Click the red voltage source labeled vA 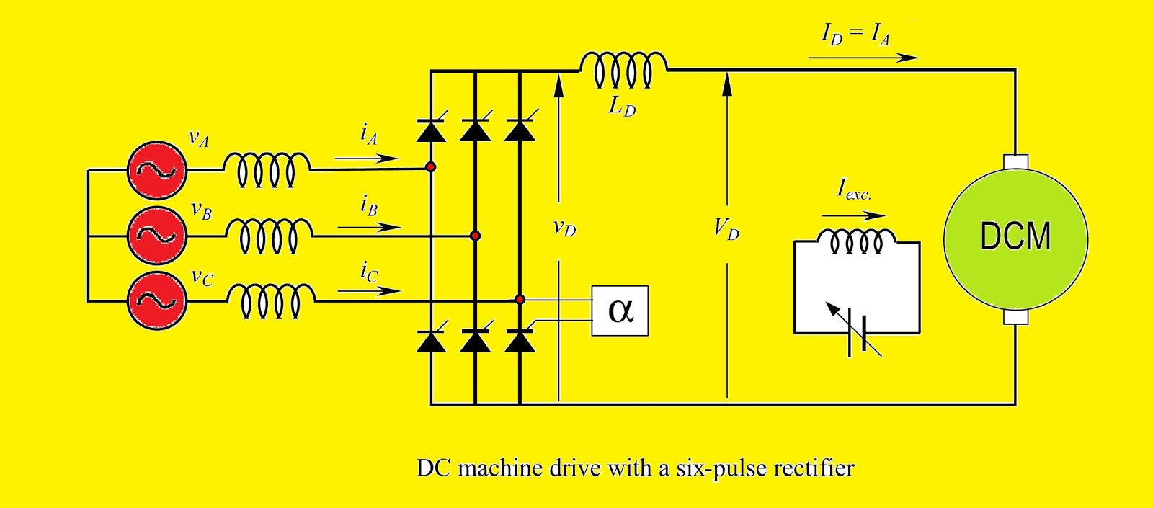coord(157,170)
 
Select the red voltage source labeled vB coord(157,235)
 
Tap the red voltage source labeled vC coord(157,300)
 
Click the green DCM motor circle coord(1015,237)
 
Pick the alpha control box coord(620,311)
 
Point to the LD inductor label coord(623,107)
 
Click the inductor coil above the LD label coord(623,69)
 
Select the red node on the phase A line coord(431,167)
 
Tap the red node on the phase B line coord(475,236)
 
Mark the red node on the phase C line coord(520,299)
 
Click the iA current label coord(369,134)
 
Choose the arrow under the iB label coord(369,227)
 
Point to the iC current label coord(369,272)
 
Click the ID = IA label coord(856,34)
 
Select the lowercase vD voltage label coord(565,228)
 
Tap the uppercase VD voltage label coord(726,229)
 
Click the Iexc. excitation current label coord(854,190)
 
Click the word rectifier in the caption coord(811,468)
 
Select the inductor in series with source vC coord(271,300)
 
